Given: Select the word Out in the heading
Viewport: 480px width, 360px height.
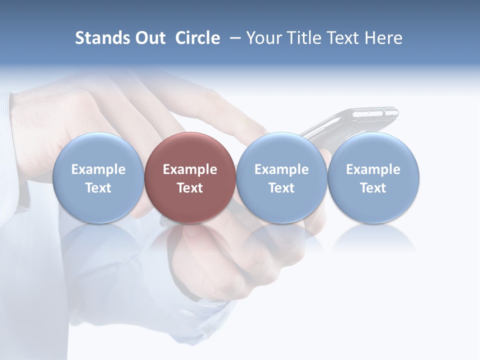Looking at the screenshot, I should pyautogui.click(x=149, y=38).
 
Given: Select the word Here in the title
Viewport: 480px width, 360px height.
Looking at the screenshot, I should pyautogui.click(x=383, y=38).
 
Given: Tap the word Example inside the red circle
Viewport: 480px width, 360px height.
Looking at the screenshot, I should pyautogui.click(x=190, y=169).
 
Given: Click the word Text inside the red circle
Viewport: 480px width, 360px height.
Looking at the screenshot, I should pyautogui.click(x=190, y=188).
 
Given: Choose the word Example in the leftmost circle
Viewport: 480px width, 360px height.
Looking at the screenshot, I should pyautogui.click(x=98, y=169).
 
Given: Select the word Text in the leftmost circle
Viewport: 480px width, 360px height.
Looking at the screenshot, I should pyautogui.click(x=98, y=188).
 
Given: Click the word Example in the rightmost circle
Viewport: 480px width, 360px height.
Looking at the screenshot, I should pyautogui.click(x=373, y=169).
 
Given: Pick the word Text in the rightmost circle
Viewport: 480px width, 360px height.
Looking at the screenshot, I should pyautogui.click(x=373, y=188).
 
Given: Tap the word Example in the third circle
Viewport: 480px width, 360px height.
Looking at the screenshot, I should pyautogui.click(x=281, y=169).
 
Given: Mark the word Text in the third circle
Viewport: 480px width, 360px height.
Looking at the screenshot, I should pyautogui.click(x=281, y=188).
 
